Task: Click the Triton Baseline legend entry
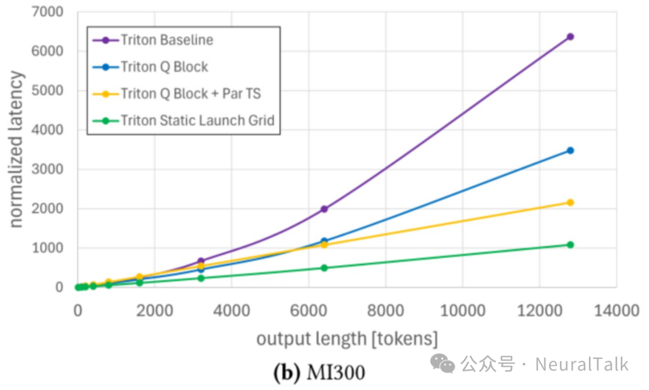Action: point(166,40)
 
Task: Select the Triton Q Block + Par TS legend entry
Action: point(190,94)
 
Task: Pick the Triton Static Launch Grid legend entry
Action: point(197,121)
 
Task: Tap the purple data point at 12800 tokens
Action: point(570,37)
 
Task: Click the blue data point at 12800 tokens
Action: point(570,150)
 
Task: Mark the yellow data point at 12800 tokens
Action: point(570,203)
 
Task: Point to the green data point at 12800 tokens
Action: point(570,245)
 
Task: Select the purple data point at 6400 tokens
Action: point(324,209)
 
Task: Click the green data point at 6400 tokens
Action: point(324,268)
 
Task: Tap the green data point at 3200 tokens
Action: point(201,278)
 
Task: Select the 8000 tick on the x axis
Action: point(385,311)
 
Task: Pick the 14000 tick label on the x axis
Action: point(616,311)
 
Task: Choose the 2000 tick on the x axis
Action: point(154,311)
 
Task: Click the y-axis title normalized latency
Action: point(16,150)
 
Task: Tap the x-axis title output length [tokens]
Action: point(347,339)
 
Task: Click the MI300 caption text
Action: point(336,373)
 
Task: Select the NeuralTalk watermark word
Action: point(581,364)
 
